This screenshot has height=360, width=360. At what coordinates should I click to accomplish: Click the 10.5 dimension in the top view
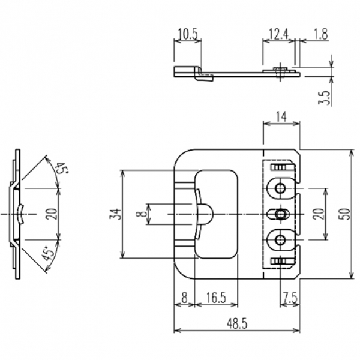187,35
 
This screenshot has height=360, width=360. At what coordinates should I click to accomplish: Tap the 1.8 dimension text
320,35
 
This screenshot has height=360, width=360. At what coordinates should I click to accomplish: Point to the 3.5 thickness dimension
325,98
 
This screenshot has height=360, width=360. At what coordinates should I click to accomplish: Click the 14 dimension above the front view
281,118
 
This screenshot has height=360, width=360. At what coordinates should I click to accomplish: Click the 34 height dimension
115,214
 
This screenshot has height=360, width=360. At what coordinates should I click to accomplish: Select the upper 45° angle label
60,170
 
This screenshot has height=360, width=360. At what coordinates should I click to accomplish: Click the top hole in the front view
280,188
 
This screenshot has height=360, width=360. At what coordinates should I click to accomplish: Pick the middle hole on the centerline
280,214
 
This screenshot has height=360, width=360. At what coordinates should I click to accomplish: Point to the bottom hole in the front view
280,240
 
